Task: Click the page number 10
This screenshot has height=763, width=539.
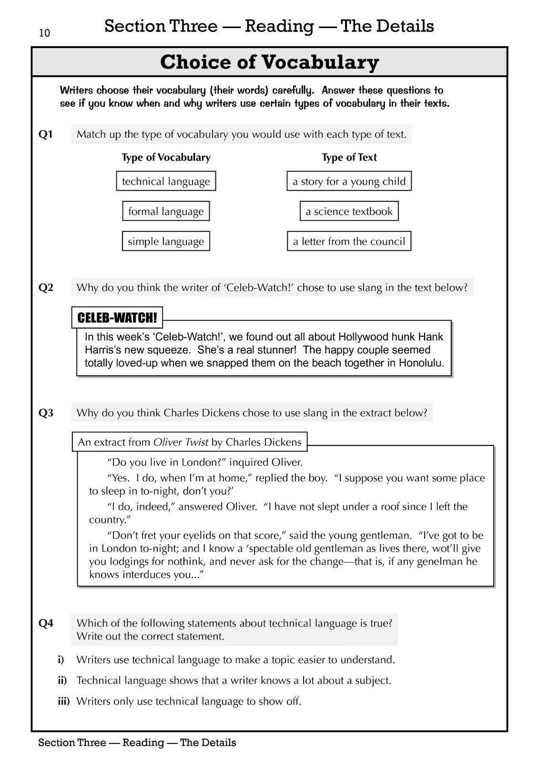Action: coord(44,33)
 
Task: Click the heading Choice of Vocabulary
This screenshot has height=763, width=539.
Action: coord(269,62)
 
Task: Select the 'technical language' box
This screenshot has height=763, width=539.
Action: coord(166,181)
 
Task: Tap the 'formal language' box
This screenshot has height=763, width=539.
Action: coord(166,211)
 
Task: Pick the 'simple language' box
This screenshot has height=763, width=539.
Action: coord(166,241)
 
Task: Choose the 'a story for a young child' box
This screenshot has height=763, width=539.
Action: coord(349,181)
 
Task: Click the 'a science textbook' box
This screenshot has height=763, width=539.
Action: coord(349,211)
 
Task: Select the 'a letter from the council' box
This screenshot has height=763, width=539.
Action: coord(349,241)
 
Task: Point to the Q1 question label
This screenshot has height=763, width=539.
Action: coord(46,134)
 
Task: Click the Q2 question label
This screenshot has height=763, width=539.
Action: coord(46,288)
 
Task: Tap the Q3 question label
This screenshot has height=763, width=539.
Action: coord(46,413)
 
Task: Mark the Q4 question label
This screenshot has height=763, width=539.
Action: coord(46,623)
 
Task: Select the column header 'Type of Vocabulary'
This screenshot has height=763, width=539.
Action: coord(166,157)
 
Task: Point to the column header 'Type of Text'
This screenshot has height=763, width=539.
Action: coord(349,157)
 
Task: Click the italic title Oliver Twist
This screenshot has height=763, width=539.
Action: coord(181,442)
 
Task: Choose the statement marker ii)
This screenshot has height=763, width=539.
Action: coord(62,681)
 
